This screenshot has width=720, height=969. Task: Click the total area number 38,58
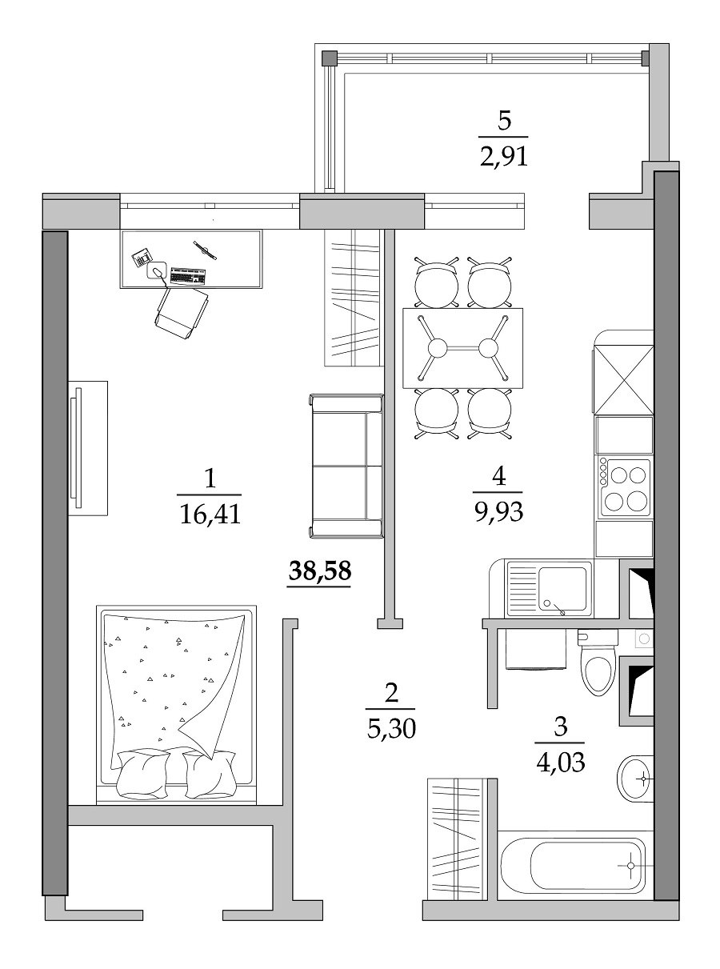(319, 571)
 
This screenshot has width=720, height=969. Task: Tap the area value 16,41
(210, 515)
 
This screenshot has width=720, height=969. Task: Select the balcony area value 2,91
(504, 156)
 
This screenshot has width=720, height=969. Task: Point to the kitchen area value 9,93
(498, 511)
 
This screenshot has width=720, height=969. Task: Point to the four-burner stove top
(625, 487)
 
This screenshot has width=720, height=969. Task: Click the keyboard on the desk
(188, 276)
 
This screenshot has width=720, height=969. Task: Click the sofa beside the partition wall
(346, 466)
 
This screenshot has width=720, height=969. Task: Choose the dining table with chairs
(462, 348)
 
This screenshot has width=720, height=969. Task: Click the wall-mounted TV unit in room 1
(87, 448)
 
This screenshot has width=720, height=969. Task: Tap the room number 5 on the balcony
(504, 122)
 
